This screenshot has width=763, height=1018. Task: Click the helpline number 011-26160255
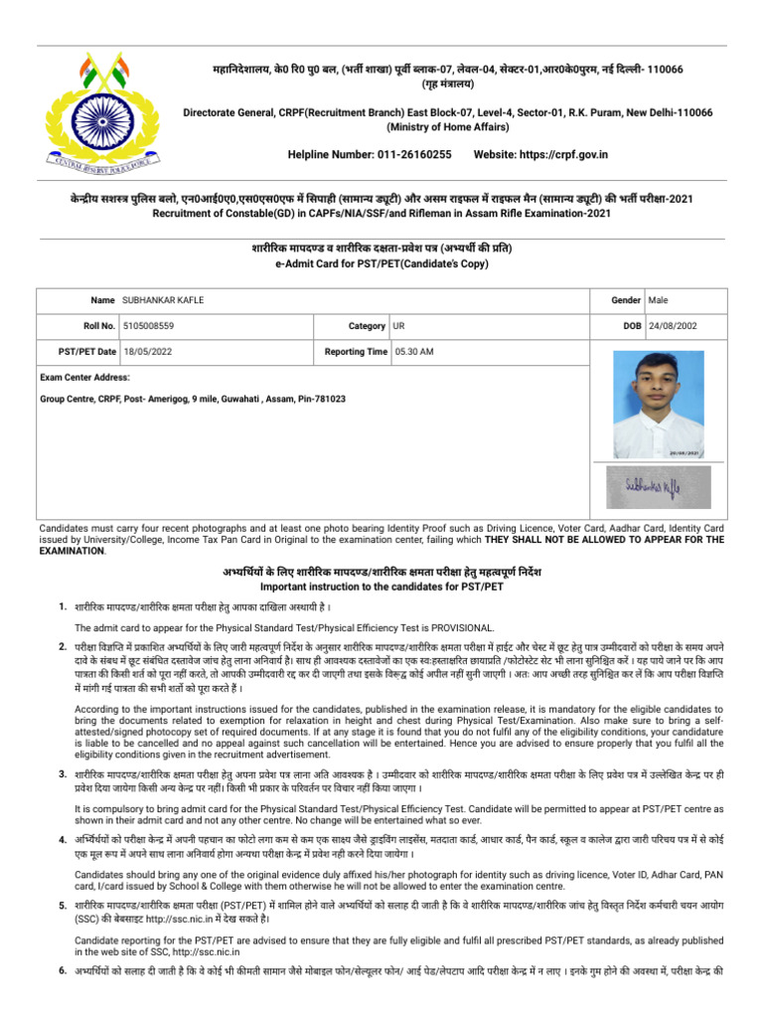coord(411,155)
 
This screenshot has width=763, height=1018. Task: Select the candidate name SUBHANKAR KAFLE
coord(163,299)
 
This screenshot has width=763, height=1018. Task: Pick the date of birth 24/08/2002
coord(673,325)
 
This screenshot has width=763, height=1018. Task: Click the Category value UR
coord(398,325)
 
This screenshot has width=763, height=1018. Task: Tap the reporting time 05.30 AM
coord(414,351)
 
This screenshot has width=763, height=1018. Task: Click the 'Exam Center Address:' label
coord(84,377)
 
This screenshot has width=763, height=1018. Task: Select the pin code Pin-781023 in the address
coord(320,398)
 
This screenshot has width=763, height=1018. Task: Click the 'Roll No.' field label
coord(98,325)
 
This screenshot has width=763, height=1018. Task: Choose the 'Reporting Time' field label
coord(357,351)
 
